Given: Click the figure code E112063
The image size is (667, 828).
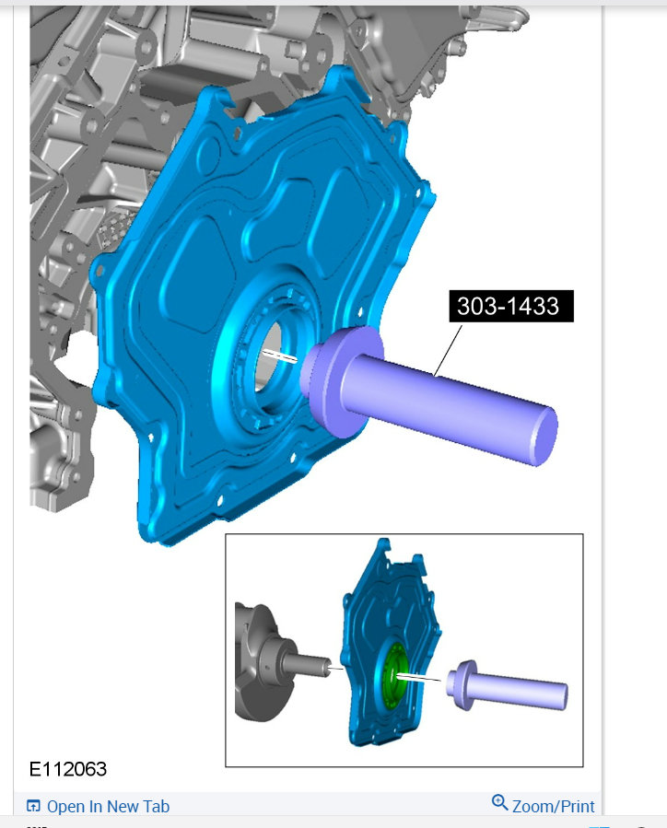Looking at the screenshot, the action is pos(67,769).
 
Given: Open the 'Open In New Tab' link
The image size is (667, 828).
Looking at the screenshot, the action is pos(108,806).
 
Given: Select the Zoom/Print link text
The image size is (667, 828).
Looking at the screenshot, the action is pos(553,806).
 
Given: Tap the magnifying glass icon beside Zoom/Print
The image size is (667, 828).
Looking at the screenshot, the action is pos(499,802).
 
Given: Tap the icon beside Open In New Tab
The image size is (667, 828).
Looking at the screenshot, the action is pos(33,806).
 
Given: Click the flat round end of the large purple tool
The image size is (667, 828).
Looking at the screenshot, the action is pos(544,437).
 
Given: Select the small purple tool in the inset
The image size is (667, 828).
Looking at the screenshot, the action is pos(507,685).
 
